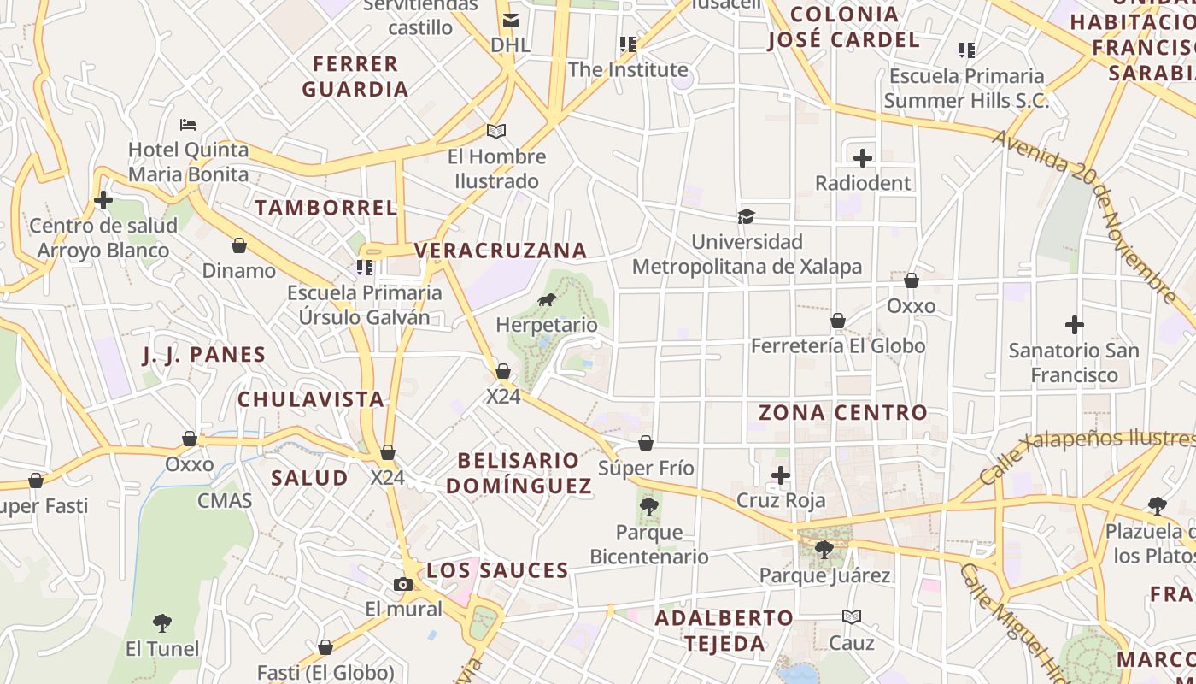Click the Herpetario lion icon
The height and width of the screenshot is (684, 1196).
coord(547,300)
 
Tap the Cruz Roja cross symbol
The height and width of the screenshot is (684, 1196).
coord(781,475)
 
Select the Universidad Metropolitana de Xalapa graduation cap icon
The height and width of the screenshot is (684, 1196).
coord(747,216)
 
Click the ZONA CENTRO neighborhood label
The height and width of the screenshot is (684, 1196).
coord(843,412)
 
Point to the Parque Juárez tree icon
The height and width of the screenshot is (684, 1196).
coord(824,549)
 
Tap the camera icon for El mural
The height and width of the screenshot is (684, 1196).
coord(403,585)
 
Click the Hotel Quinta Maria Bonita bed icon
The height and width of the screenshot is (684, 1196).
coord(188,125)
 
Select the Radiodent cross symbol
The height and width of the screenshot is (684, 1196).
coord(863,158)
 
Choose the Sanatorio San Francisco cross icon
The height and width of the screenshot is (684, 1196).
coord(1075,325)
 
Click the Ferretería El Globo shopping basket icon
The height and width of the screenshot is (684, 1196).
coord(838,321)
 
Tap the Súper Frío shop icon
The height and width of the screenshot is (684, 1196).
coord(646,443)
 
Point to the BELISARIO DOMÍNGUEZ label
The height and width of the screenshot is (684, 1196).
coord(519,473)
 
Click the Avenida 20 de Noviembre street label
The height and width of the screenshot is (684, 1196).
coord(1085,217)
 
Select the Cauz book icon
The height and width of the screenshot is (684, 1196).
coord(852,616)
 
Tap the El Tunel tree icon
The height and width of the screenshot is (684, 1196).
coord(162,622)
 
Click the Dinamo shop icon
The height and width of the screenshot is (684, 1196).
coord(239,246)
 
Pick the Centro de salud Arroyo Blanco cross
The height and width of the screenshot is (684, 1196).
coord(103,201)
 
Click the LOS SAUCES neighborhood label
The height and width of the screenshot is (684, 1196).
coord(497,570)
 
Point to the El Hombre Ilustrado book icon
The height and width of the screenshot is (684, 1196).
coord(496,131)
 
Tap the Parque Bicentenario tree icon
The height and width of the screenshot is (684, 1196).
coord(649,506)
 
